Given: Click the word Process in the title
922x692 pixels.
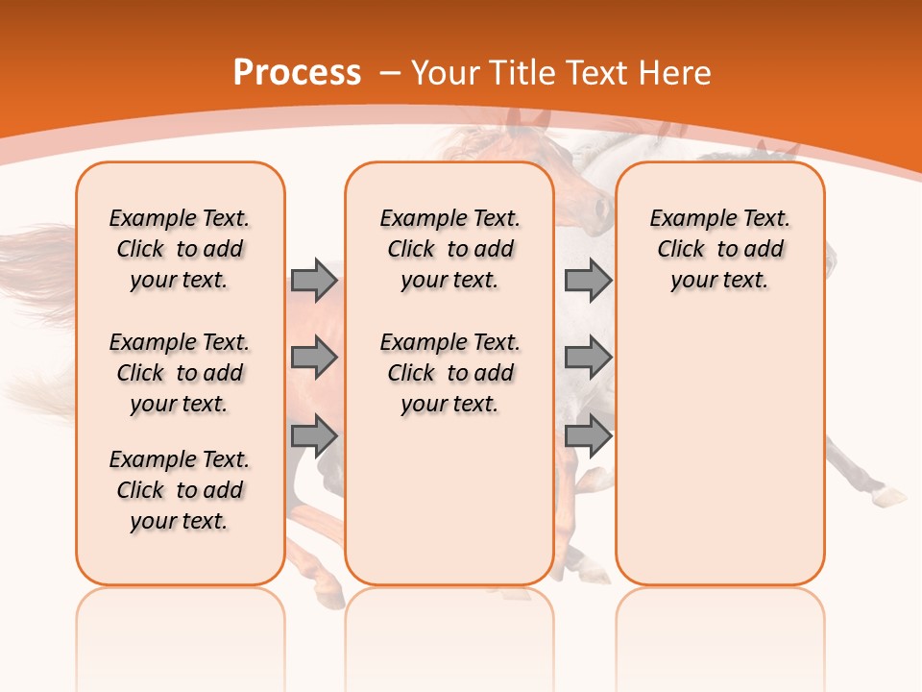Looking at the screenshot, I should coord(297,73).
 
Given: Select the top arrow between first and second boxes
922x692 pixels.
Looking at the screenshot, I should coord(314,280).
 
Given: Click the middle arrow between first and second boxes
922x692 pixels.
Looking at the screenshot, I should coord(314,358).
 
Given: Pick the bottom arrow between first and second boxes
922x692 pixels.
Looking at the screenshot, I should coord(314,435).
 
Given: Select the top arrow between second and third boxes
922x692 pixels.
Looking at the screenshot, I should coord(588,280).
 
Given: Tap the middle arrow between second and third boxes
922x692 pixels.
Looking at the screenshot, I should coord(588,358).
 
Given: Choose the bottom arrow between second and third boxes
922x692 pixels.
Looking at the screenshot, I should coord(588,435).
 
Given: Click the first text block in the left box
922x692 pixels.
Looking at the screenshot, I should coord(180,249).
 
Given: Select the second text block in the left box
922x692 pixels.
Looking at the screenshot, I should coord(180,373).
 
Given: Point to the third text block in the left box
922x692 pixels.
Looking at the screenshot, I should coord(180,490).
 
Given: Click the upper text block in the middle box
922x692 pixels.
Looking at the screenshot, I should coord(449,249).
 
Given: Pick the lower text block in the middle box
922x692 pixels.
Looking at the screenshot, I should coord(449,373).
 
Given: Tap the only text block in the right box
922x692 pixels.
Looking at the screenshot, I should coord(719,249).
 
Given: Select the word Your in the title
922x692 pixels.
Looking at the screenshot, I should coord(447,73).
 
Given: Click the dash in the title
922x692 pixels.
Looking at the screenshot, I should coord(390,73).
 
